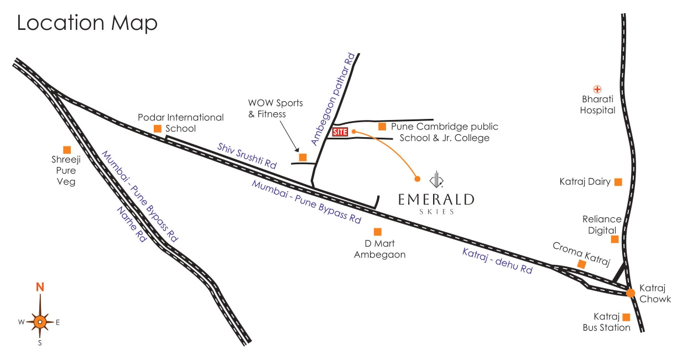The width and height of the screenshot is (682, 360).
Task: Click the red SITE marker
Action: coord(340,132)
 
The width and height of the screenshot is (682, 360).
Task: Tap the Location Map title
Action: coord(87,23)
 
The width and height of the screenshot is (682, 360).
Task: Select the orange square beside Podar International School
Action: coord(158,129)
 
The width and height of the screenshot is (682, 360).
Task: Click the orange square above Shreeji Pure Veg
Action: coord(67,149)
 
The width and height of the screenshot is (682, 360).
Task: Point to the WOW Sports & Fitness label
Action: coord(267,108)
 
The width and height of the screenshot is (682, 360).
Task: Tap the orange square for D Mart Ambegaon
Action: coord(378,232)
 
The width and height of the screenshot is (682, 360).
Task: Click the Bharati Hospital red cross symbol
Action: coord(597,89)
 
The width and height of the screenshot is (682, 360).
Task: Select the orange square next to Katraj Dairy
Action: coord(618,181)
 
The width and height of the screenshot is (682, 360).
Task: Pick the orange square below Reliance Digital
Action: coord(615,239)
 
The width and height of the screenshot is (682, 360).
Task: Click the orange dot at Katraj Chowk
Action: coord(630,293)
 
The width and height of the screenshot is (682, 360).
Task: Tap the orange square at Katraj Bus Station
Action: coord(626,317)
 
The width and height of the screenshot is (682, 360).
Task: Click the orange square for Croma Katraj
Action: coord(581,264)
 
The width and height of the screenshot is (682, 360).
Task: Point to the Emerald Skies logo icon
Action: coord(437,178)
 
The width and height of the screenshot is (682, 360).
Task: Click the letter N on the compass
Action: coord(40,287)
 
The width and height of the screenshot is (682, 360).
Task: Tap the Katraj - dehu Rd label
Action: coord(497,261)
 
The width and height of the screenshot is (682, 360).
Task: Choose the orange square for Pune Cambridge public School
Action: coord(382,127)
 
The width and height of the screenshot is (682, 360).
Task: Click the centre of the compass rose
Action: coord(40,321)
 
